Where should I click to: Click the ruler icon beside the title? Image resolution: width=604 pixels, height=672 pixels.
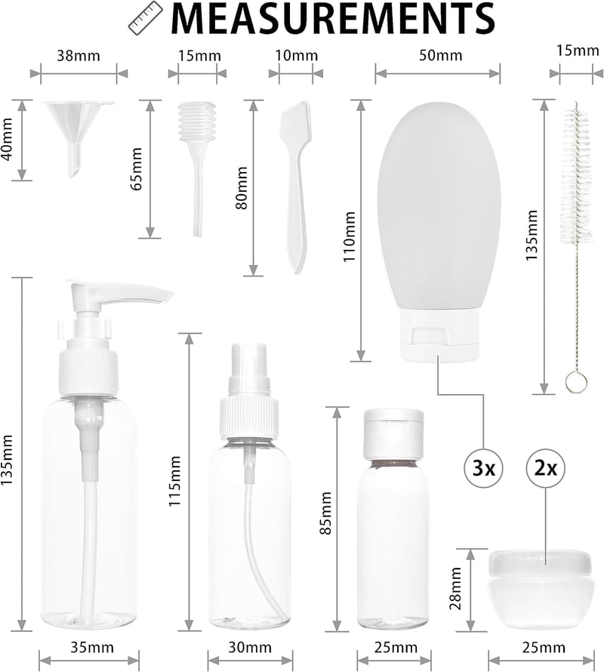pos(146,18)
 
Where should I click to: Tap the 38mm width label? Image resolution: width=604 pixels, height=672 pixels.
pos(79,56)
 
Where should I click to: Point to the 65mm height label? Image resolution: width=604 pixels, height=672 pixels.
pos(137,169)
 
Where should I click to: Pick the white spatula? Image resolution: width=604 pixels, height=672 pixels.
pos(295,186)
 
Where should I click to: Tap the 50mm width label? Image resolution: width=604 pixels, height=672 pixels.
pos(441,55)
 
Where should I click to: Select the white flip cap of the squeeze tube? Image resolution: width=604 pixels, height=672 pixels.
pos(439,334)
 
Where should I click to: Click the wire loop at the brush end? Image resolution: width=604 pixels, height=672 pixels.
pos(576,382)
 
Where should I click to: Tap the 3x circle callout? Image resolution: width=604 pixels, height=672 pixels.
pos(483,468)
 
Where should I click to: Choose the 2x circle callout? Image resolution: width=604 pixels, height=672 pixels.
pos(545,468)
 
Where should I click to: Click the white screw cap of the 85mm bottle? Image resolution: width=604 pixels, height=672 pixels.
pos(393,433)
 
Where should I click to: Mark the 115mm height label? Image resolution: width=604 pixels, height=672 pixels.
pos(174,481)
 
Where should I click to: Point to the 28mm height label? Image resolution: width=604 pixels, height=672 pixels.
pos(455,588)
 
